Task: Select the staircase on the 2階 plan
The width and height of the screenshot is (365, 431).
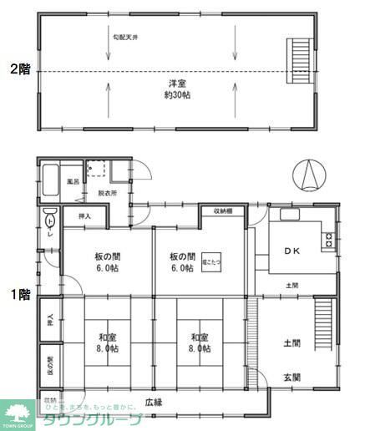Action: (x=297, y=57)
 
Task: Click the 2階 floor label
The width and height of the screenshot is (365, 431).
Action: (x=18, y=70)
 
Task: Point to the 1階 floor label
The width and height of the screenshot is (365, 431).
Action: (x=18, y=294)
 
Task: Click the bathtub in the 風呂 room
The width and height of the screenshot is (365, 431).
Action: (x=49, y=179)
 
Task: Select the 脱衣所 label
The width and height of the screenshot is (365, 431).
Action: (x=108, y=193)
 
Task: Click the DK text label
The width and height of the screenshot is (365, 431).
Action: (x=292, y=251)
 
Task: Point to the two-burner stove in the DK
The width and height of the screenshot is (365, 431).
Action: (x=328, y=241)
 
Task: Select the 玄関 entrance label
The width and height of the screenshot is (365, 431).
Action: (x=291, y=378)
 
